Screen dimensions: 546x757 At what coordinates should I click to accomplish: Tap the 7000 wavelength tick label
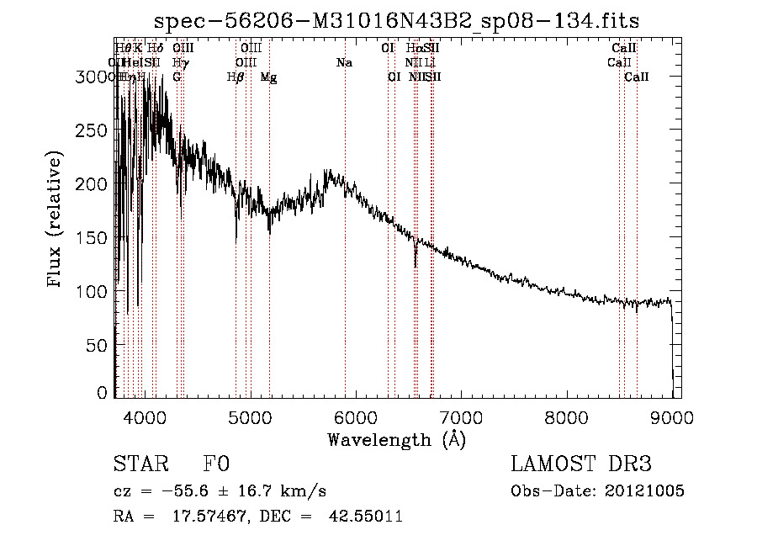(x=461, y=416)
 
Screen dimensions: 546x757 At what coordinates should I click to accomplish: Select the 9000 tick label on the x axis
(x=671, y=416)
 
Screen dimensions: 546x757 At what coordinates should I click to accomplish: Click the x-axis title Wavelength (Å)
(x=396, y=439)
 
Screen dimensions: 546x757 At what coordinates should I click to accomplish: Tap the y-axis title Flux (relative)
(x=56, y=221)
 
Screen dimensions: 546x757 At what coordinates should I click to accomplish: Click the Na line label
(x=344, y=63)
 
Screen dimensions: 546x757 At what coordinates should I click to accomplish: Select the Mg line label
(x=268, y=77)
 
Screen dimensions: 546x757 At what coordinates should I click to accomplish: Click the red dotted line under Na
(x=345, y=252)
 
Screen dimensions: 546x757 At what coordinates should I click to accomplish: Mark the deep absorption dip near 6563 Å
(x=416, y=261)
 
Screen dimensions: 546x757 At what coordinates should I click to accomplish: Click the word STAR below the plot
(x=139, y=464)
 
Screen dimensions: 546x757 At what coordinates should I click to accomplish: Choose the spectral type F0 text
(x=216, y=464)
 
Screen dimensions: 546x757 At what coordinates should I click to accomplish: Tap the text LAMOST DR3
(x=581, y=464)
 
